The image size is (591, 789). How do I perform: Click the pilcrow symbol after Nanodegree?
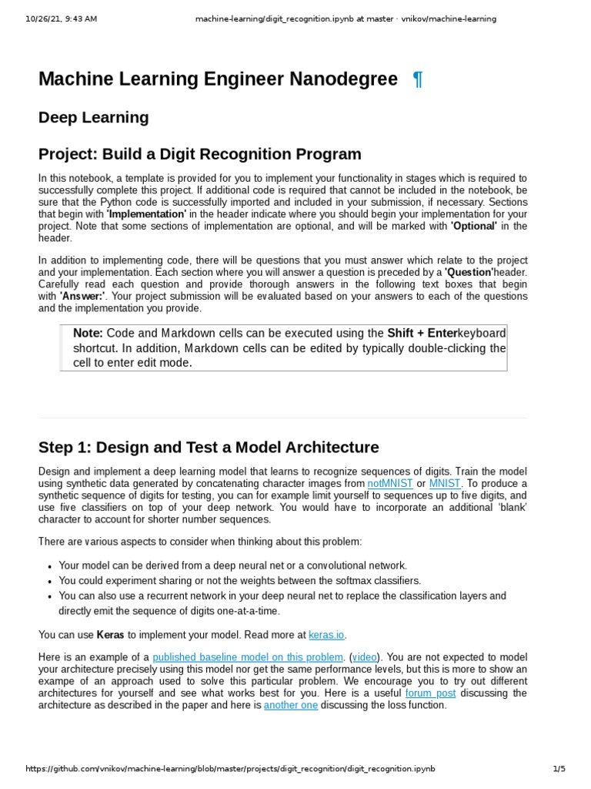coord(417,79)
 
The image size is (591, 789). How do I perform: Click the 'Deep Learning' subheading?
coord(93,118)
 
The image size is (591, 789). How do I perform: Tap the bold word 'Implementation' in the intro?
coord(146,214)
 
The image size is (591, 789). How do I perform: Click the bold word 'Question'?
coord(469,273)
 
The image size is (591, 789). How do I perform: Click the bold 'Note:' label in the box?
coord(88,333)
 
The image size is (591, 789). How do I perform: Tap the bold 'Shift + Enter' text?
coord(422,333)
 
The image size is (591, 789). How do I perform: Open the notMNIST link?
coord(390,483)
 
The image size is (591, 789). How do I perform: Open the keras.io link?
coord(327,635)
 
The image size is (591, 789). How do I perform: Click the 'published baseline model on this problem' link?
coord(248,657)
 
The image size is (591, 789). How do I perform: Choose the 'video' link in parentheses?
coord(365,657)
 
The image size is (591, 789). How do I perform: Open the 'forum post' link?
coord(430,693)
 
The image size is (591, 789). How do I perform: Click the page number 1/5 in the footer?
coord(559,769)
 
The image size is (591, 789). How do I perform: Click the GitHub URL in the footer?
coord(231,769)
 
